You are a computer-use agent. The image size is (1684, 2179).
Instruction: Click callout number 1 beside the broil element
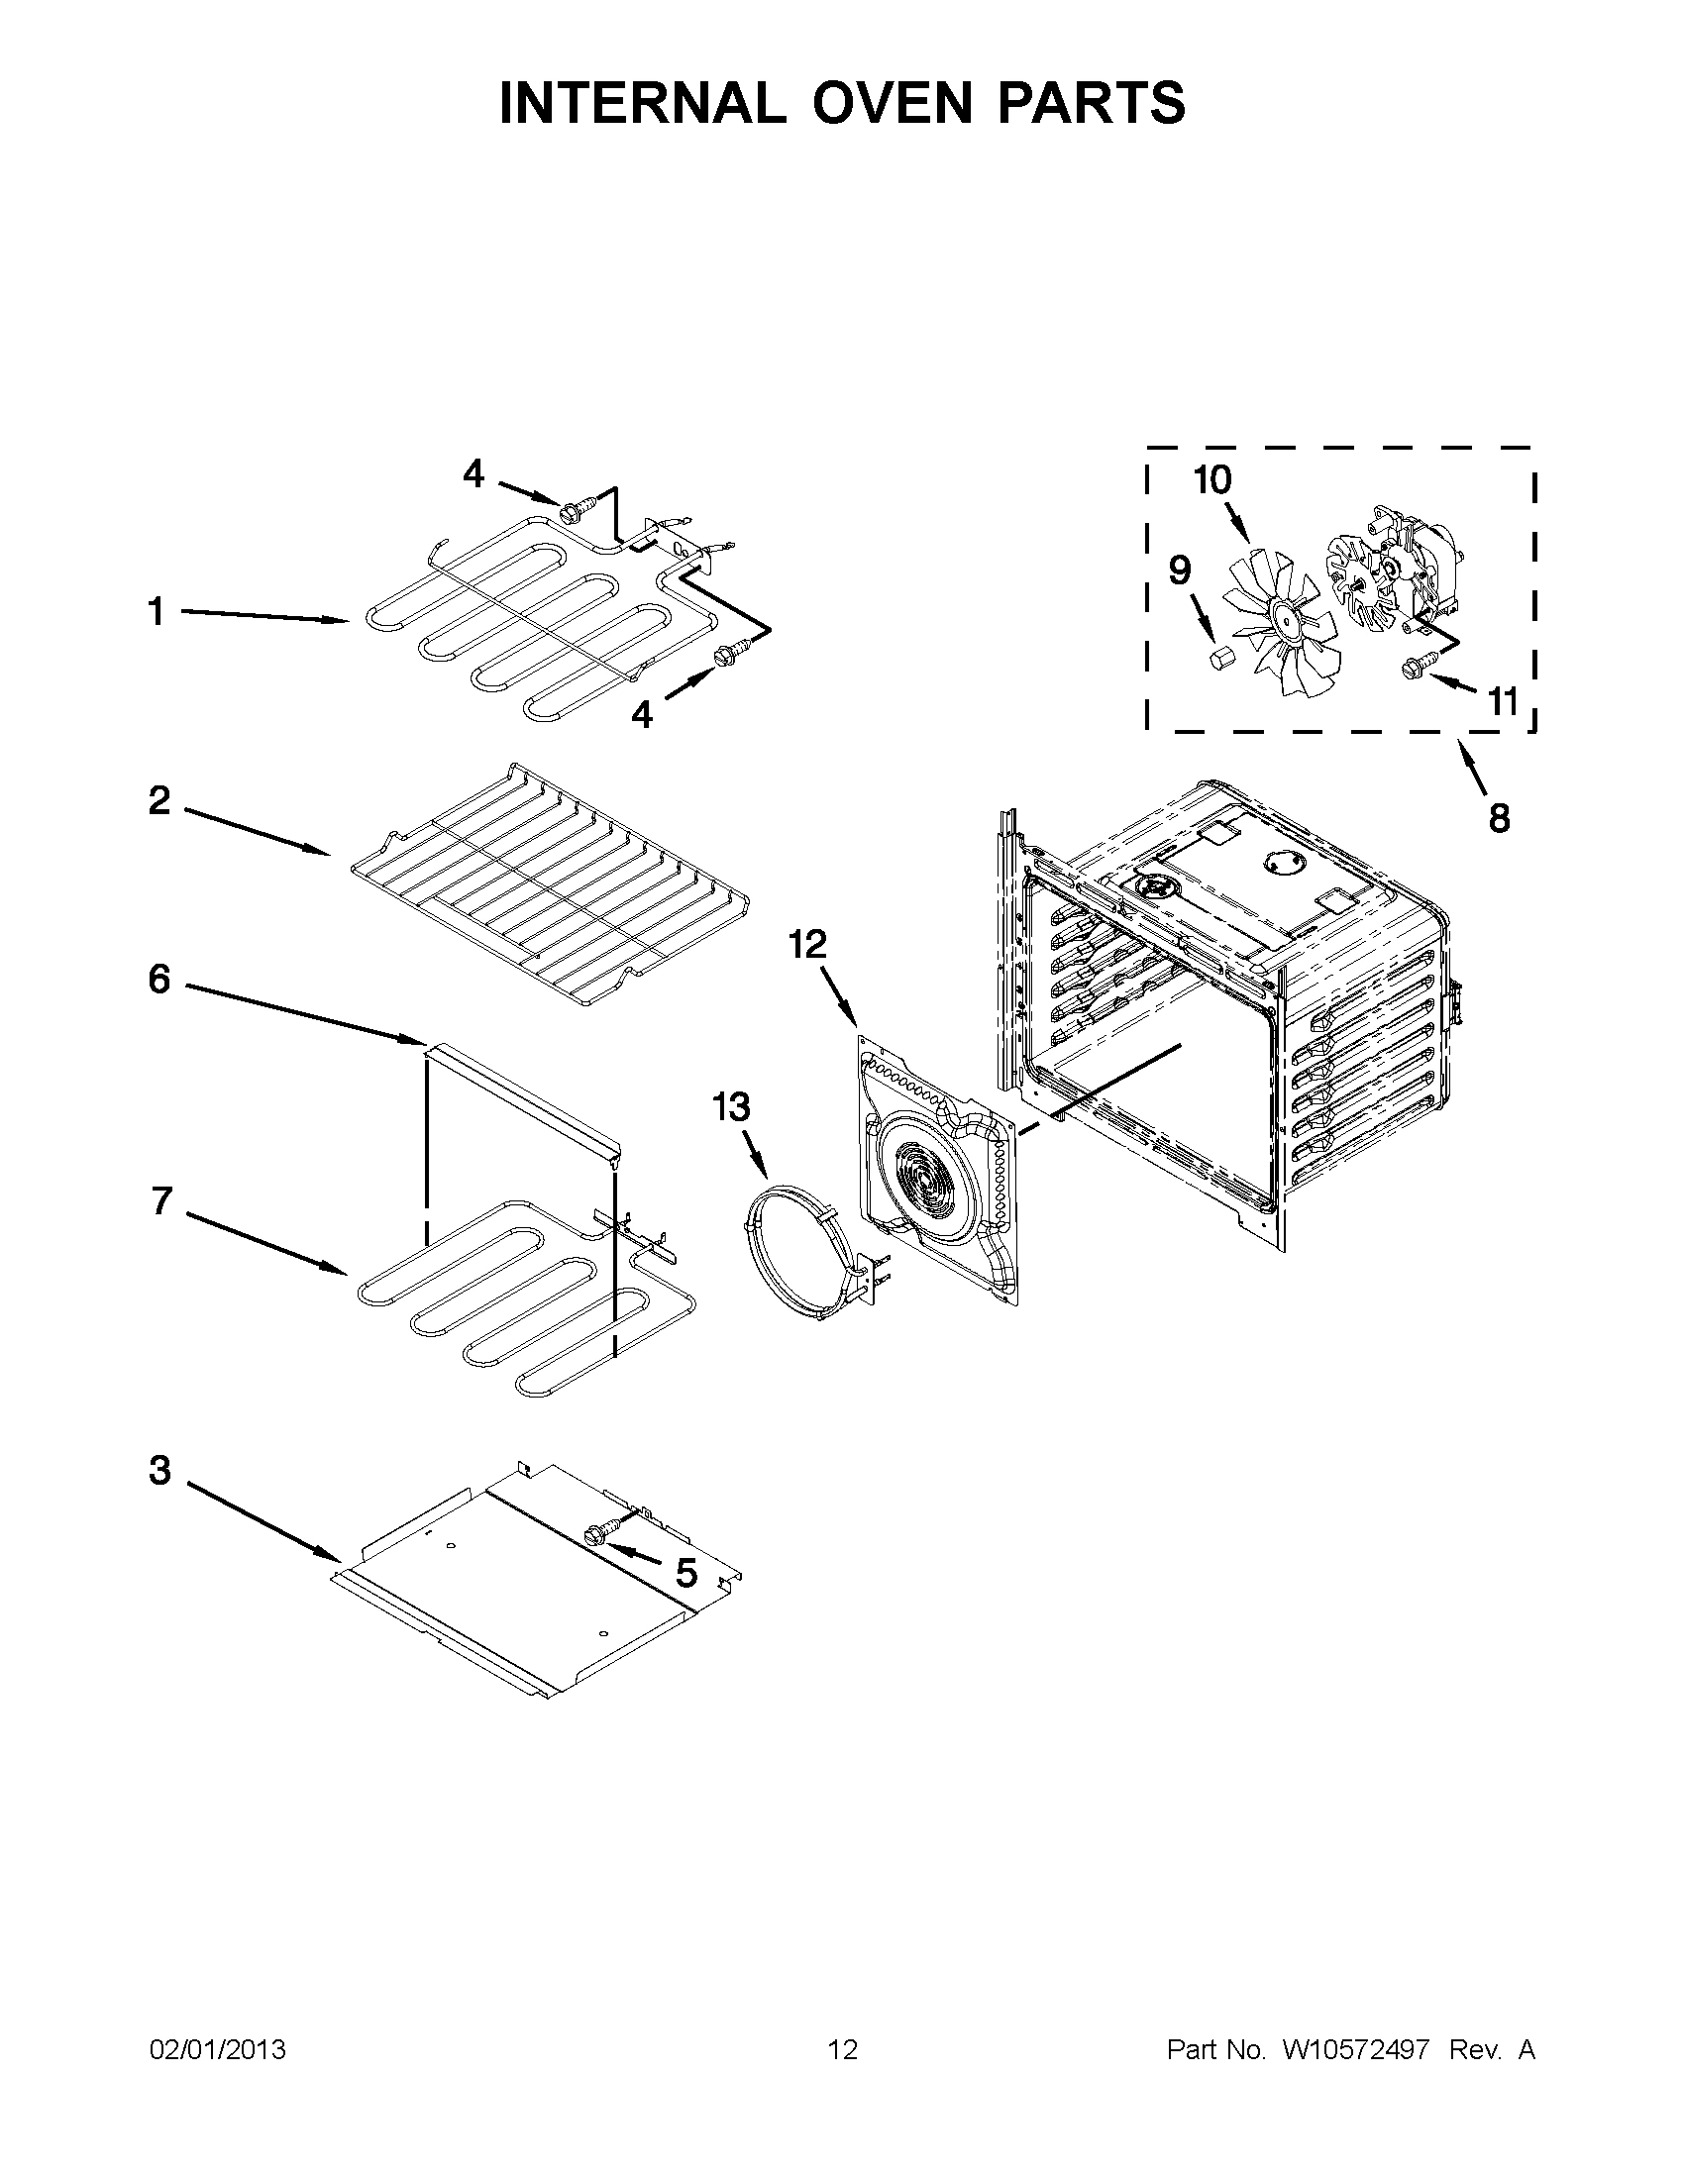coord(157,611)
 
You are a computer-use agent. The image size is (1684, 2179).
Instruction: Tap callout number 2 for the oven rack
coord(159,800)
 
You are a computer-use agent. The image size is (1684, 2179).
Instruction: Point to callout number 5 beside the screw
coord(686,1574)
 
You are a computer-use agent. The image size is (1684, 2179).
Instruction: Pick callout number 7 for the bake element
coord(161,1201)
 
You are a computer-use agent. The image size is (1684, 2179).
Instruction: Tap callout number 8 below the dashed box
coord(1499,818)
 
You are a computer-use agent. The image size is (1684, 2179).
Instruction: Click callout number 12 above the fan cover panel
coord(808,944)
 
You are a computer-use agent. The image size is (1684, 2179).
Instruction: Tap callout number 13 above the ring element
coord(731,1107)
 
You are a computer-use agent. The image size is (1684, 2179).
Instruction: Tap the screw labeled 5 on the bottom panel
coord(602,1533)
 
